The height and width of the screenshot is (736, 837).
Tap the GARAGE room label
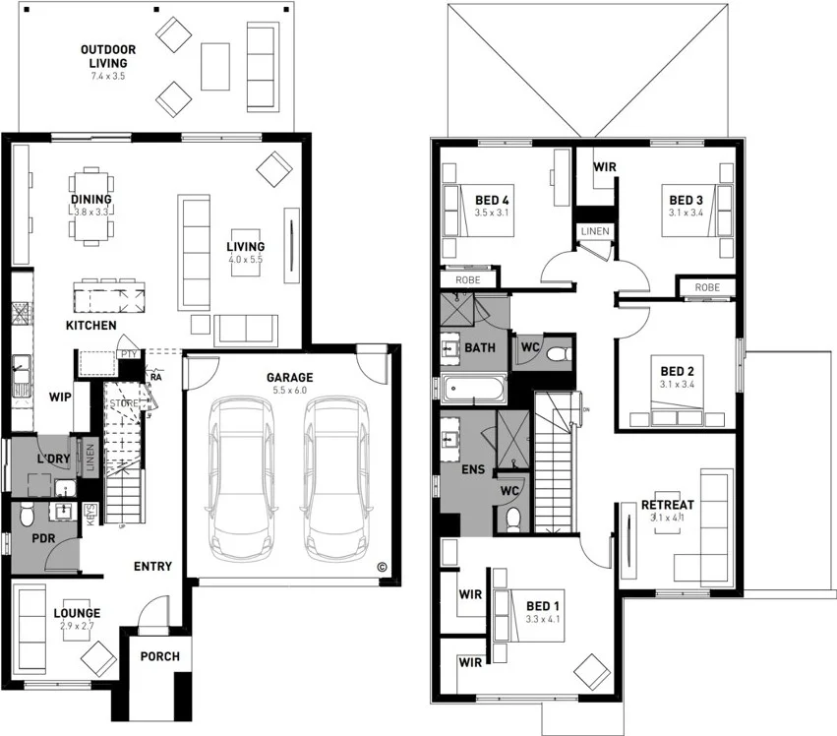point(288,377)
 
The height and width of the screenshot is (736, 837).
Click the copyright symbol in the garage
point(382,567)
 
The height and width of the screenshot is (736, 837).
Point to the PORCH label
point(159,656)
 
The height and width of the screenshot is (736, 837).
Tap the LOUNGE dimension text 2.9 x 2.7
point(77,626)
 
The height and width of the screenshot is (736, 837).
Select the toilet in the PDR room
point(28,513)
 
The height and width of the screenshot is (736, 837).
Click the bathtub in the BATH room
point(473,390)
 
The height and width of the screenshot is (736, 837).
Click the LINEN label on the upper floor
point(595,232)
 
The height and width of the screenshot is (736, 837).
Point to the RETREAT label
point(668,504)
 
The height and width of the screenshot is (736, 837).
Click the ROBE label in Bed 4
point(467,279)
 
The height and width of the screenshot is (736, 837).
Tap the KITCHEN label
point(91,325)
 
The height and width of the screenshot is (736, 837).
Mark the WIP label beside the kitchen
point(61,398)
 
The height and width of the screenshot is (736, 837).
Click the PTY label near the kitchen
point(128,354)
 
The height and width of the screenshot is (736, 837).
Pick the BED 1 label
point(543,606)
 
